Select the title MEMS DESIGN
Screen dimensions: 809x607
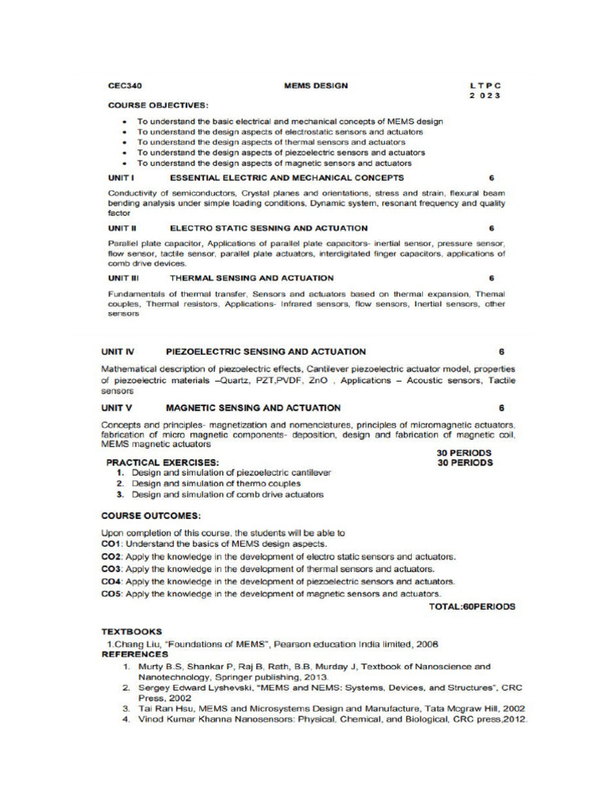click(315, 85)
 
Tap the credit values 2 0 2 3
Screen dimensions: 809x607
click(485, 96)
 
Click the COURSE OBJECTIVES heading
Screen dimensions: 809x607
click(158, 105)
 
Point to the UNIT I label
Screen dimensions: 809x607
click(121, 178)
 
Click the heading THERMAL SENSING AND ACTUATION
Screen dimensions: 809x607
click(251, 278)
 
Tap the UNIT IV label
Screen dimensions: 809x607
click(118, 352)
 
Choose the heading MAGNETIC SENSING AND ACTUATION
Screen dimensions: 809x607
click(253, 408)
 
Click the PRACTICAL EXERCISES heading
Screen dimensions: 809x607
click(163, 462)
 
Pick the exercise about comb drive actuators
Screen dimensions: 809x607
click(227, 495)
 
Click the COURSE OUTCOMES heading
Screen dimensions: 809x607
click(150, 515)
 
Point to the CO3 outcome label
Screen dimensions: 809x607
click(111, 569)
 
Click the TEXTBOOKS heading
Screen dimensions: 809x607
click(131, 632)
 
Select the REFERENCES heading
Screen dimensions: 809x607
click(134, 654)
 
